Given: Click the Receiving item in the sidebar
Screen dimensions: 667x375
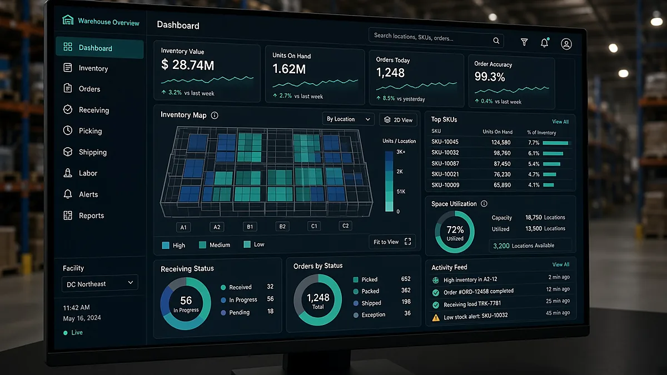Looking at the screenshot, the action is [x=86, y=110].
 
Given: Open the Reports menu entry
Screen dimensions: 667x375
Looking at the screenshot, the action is [x=84, y=216].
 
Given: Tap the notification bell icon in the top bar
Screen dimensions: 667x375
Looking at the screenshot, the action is [x=545, y=43].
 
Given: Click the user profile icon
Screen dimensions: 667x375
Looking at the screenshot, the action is [x=566, y=44].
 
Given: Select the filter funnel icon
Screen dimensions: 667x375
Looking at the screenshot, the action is [x=524, y=42].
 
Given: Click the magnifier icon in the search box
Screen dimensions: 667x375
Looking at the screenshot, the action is [x=496, y=41].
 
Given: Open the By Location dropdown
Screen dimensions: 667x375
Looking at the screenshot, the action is [x=348, y=119].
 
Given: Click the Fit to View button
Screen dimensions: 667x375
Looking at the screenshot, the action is [x=392, y=242].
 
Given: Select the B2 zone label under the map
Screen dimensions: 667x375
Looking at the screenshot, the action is [x=282, y=227].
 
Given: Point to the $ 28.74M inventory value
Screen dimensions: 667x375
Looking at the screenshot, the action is [x=188, y=65].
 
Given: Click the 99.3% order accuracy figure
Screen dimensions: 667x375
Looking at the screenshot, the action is [x=490, y=77].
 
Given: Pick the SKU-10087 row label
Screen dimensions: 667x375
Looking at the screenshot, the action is [x=445, y=163].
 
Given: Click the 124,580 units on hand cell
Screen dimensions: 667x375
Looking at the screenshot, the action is [x=501, y=142].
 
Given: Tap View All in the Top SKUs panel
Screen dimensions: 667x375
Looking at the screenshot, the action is [x=560, y=122].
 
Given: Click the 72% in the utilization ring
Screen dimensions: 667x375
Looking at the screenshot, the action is [x=455, y=229].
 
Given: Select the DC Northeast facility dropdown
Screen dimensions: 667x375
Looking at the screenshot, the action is [x=99, y=284].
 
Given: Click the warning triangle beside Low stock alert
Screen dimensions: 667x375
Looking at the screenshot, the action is [x=436, y=318].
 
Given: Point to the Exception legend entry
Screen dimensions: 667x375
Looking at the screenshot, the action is [x=369, y=314].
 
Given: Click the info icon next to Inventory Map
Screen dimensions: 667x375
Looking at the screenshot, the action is [x=215, y=115].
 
